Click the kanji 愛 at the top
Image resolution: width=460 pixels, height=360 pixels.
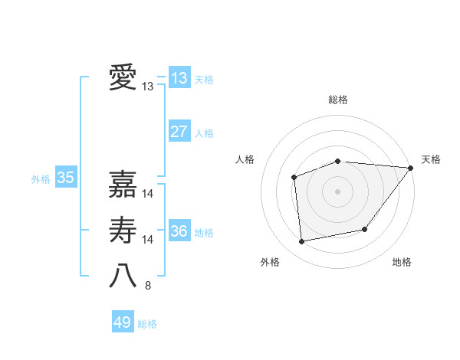(123, 78)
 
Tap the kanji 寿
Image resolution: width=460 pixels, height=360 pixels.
(123, 230)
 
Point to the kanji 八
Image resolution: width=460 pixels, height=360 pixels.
(123, 276)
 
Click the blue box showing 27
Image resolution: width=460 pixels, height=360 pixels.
(179, 132)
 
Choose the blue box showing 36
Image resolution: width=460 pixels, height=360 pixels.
(179, 231)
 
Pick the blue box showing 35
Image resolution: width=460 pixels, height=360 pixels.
(65, 178)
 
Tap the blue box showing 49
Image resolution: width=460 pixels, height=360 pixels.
(122, 322)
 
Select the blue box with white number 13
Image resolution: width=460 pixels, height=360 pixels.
(179, 78)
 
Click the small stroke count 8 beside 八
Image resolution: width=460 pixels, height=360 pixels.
(148, 286)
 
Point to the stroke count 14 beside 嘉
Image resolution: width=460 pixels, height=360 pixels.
(148, 195)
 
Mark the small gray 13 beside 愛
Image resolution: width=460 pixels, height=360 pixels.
(148, 87)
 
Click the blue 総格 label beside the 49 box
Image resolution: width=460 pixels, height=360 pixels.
(147, 324)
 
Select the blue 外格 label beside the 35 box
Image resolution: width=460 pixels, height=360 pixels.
(41, 179)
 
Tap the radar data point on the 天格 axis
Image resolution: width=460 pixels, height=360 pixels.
(411, 168)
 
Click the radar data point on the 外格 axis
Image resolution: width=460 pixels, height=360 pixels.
(302, 241)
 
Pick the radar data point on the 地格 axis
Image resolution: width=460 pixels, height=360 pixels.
(365, 229)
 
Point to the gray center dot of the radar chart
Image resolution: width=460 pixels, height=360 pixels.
(337, 191)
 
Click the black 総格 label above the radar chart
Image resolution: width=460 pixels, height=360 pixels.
(338, 100)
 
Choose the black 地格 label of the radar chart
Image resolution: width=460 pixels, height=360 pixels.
(402, 262)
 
